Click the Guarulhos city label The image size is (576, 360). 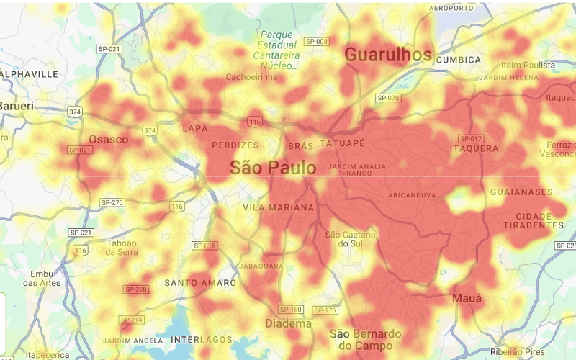point(388,54)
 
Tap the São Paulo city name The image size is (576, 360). point(273,168)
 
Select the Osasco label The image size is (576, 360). point(109,139)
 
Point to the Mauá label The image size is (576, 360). point(467,297)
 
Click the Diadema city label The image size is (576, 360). point(288,324)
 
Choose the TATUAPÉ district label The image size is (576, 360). point(342,144)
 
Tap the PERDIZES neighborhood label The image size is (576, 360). point(235,145)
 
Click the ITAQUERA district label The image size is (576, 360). point(474,148)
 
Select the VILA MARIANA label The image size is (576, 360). point(279,207)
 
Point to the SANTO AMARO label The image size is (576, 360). point(200,283)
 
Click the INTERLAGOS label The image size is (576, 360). point(202,339)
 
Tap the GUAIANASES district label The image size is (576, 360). point(521,192)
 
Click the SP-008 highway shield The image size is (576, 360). point(316,42)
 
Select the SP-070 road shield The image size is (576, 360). point(388,98)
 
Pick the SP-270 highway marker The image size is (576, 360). point(112,202)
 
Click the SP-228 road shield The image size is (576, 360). point(135,289)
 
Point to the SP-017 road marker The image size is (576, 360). point(470,138)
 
